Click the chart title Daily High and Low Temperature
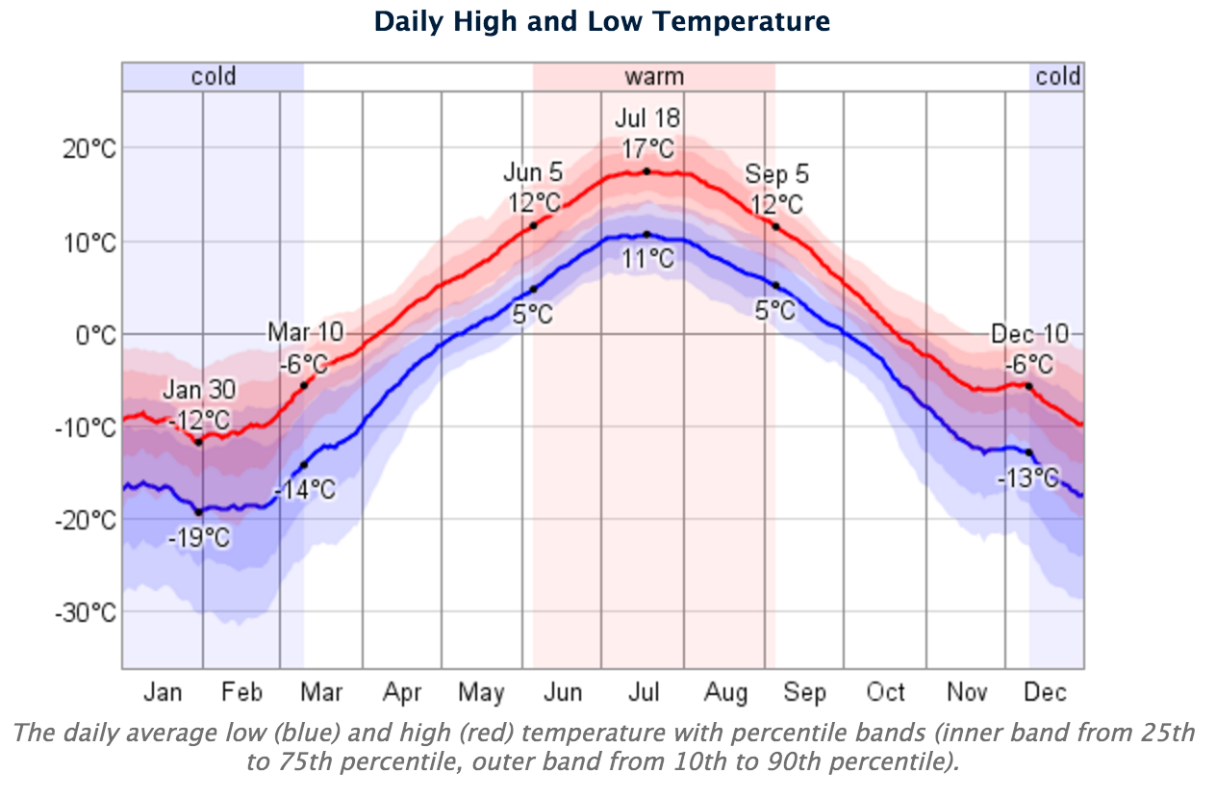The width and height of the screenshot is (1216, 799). tap(601, 21)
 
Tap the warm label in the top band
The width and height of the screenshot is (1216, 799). tap(654, 77)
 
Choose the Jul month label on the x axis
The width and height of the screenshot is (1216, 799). tap(643, 693)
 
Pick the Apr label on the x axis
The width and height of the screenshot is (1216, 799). tap(402, 693)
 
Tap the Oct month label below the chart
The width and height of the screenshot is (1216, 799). tap(885, 693)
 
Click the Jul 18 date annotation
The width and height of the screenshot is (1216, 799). tap(647, 118)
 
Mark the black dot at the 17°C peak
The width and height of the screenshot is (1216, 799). tap(646, 171)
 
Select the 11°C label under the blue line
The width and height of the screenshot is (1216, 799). tap(647, 258)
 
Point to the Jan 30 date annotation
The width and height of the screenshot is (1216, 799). tap(199, 391)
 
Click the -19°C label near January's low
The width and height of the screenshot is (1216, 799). tap(200, 537)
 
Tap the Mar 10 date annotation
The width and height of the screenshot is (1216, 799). tap(305, 333)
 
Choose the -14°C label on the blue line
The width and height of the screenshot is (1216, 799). tap(306, 490)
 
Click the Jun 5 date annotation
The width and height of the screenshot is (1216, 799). tap(533, 173)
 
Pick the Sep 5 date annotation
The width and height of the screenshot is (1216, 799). tap(776, 175)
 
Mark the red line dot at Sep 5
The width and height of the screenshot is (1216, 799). tap(775, 226)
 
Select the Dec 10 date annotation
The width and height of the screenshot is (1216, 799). tap(1030, 334)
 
